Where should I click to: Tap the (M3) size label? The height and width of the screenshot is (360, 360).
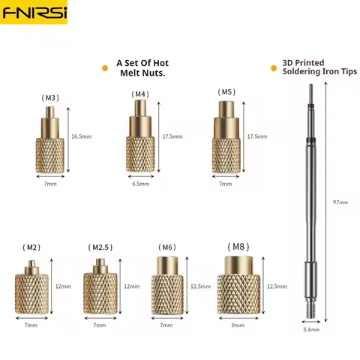[x=51, y=97]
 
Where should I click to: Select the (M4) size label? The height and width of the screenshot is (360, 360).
[x=140, y=94]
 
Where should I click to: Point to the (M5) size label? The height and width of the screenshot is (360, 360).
[x=227, y=92]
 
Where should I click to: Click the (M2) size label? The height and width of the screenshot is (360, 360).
[x=31, y=247]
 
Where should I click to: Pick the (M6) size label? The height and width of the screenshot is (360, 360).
[x=167, y=247]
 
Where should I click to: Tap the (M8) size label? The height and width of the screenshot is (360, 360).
[x=238, y=245]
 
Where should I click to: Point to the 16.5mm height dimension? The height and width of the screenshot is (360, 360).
[x=81, y=136]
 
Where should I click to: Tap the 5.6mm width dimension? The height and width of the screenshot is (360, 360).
[x=312, y=330]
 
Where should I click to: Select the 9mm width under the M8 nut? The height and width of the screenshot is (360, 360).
[x=238, y=325]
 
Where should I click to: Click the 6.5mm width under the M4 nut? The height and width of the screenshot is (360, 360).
[x=140, y=183]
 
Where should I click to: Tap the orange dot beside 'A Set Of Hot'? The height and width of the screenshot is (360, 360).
[x=105, y=68]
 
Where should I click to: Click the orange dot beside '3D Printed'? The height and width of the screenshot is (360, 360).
[x=273, y=68]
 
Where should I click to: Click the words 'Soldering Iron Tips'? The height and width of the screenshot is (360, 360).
[x=319, y=72]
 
